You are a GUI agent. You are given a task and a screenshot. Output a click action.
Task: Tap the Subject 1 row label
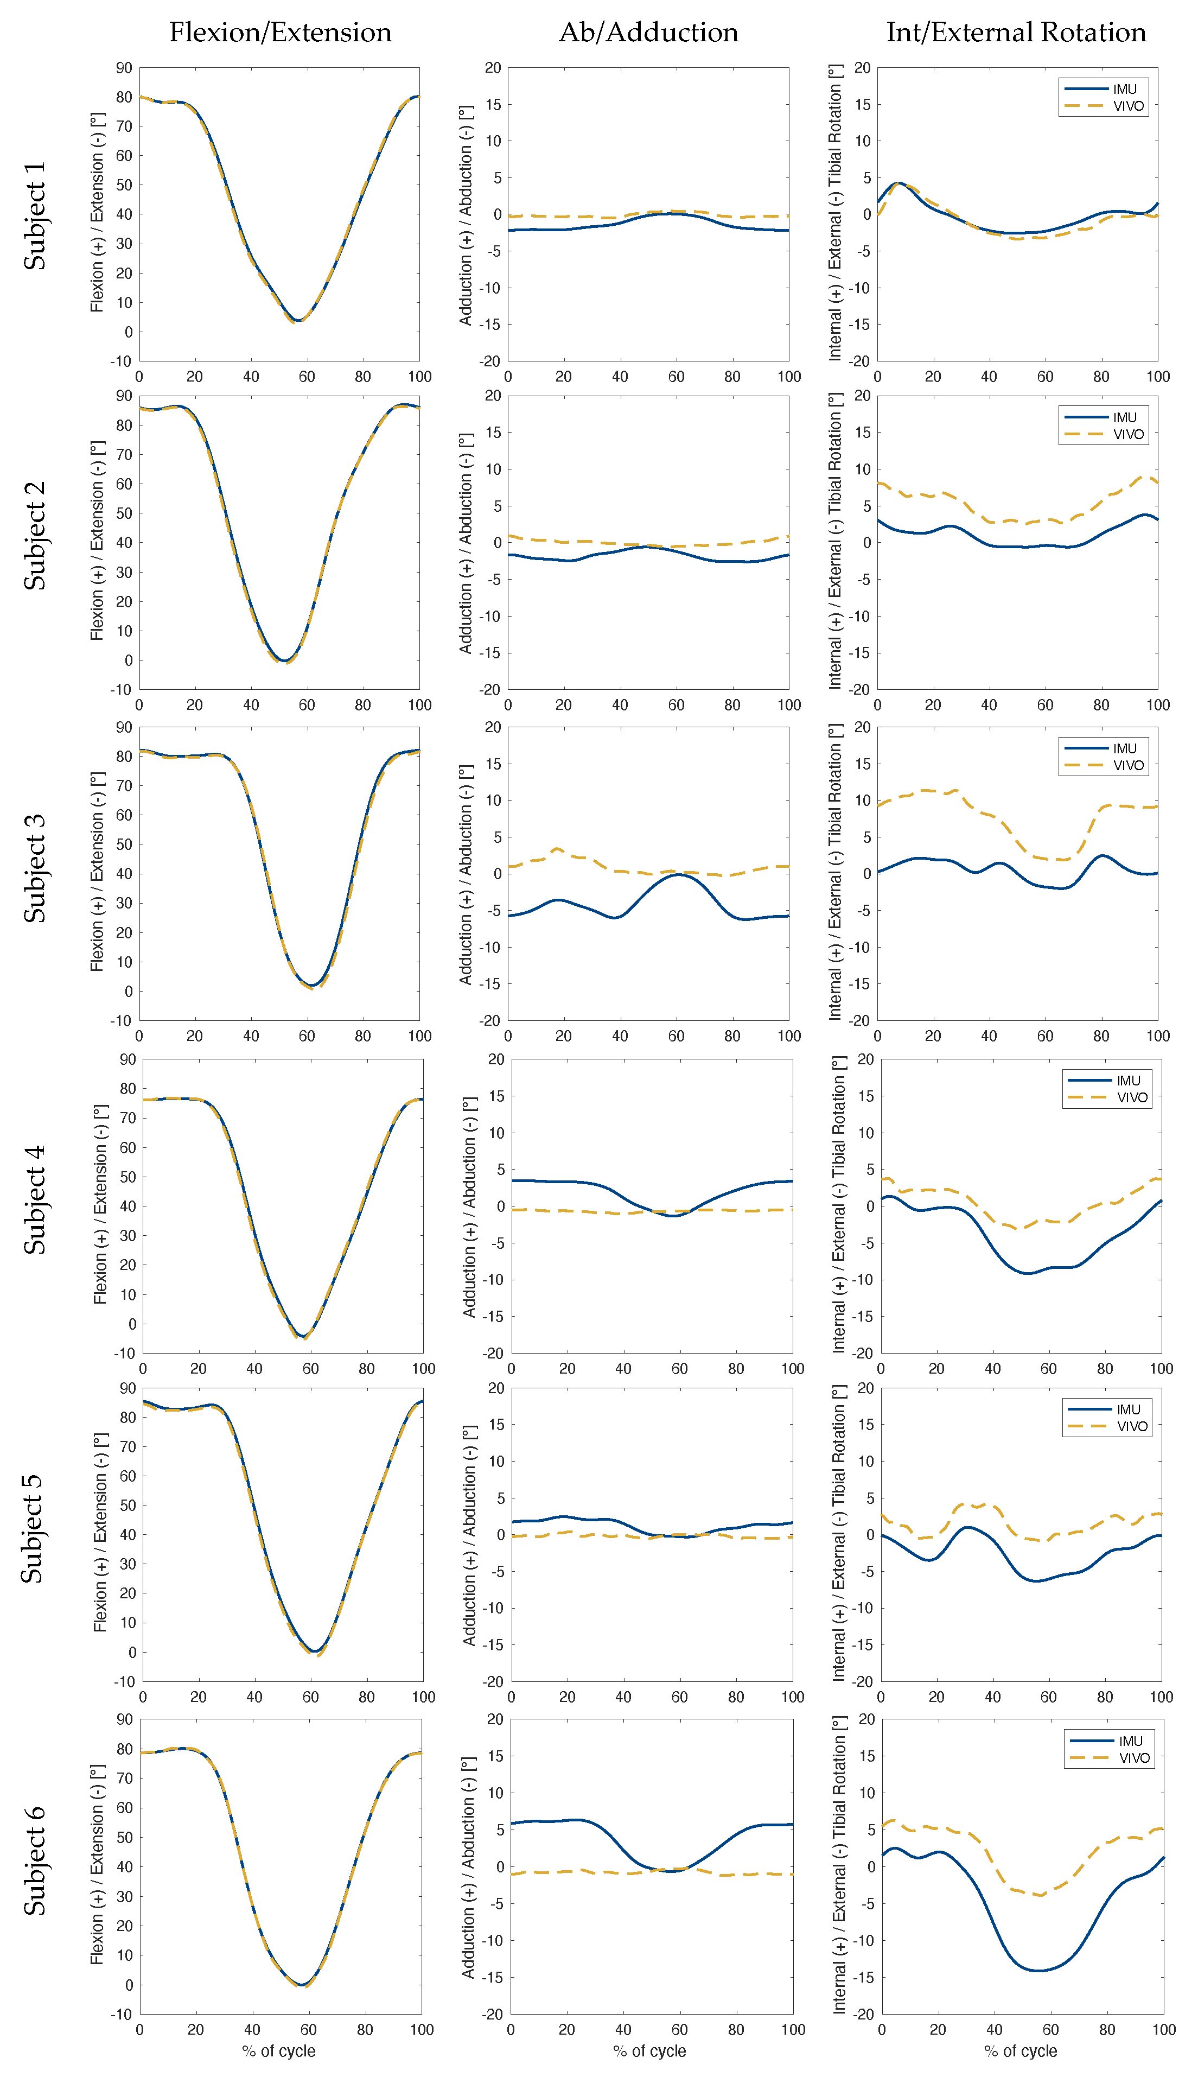(x=35, y=215)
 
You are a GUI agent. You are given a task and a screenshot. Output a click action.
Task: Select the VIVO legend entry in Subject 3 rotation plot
(x=1128, y=765)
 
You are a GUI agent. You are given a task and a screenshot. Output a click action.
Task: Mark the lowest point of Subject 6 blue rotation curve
(x=1038, y=1971)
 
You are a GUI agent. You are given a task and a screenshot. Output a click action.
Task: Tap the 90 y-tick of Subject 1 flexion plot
(x=123, y=67)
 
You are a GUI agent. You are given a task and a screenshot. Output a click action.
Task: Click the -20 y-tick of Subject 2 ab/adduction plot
(x=490, y=690)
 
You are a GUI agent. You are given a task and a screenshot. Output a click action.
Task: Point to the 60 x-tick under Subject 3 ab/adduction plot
(x=677, y=1036)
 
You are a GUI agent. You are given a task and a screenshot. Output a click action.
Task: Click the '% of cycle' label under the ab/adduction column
(x=649, y=2051)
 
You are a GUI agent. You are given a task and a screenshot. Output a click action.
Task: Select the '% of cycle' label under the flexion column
(x=279, y=2051)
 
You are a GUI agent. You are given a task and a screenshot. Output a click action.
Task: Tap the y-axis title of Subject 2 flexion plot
(x=97, y=542)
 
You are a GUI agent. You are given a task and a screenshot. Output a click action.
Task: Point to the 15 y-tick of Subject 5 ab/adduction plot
(x=495, y=1425)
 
